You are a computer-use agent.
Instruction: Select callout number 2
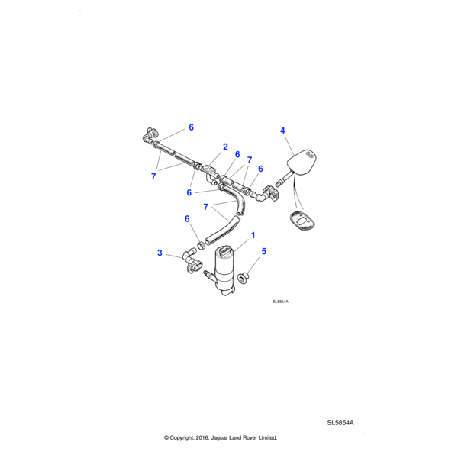point(225,146)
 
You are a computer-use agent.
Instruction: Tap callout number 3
point(160,252)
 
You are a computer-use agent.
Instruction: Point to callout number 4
point(282,131)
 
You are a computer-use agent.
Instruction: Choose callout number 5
point(264,250)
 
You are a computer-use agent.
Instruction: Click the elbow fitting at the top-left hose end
point(145,136)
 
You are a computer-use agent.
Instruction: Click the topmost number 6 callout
point(191,127)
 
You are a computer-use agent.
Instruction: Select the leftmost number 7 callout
point(153,176)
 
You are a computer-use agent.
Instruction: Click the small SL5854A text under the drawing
point(281,302)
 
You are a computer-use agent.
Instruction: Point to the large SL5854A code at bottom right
point(341,422)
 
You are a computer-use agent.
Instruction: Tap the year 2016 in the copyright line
point(198,438)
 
